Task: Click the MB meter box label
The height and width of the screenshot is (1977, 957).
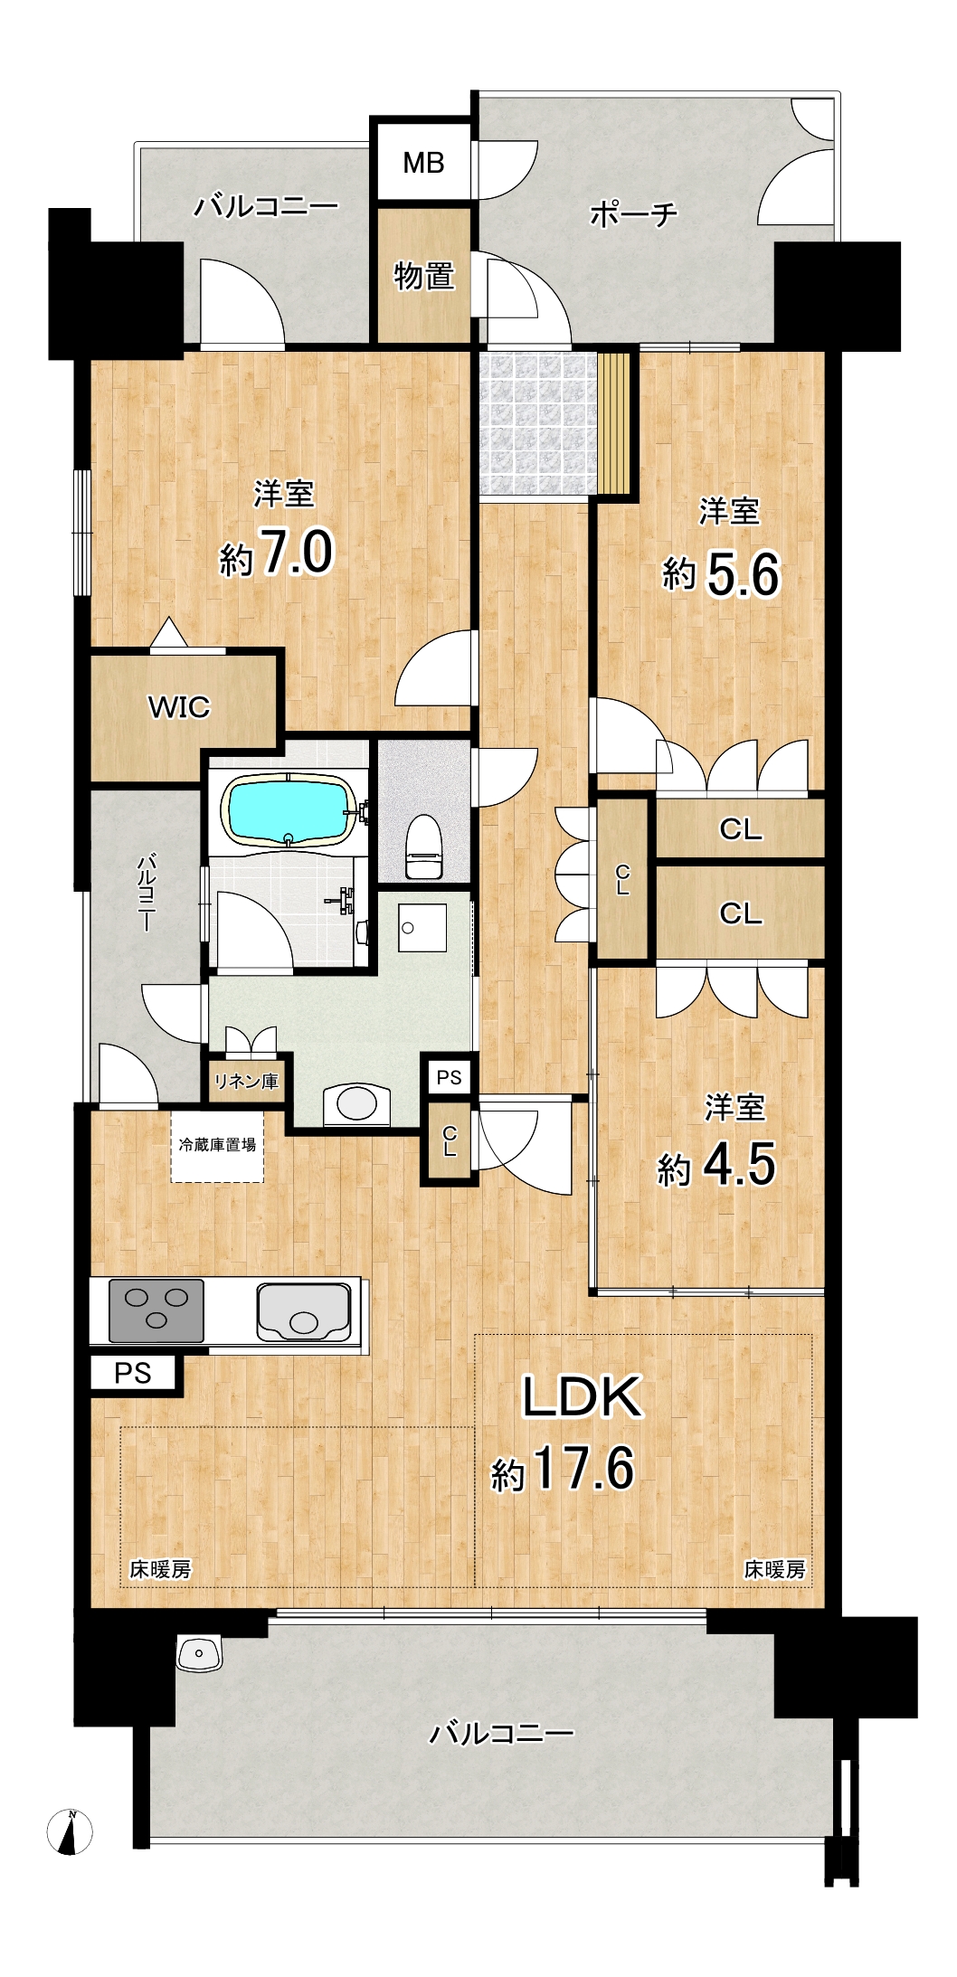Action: coord(423,163)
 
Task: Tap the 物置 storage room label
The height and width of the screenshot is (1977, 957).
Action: coord(423,275)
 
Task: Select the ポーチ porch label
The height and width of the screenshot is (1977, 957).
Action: coord(634,214)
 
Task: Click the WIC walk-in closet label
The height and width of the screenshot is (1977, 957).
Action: coord(179,706)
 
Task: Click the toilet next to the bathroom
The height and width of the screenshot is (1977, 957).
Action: coord(423,846)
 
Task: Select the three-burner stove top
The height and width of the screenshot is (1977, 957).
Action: coord(156,1310)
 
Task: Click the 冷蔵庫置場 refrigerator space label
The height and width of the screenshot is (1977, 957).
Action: coord(218,1144)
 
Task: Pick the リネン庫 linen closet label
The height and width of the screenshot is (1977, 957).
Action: coord(246,1081)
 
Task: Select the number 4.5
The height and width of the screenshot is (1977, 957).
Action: coord(739,1164)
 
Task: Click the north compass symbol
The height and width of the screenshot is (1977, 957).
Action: coord(70,1832)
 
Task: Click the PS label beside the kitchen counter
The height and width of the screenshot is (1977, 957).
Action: coord(133,1373)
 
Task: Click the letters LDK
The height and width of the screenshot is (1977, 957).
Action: coord(583,1396)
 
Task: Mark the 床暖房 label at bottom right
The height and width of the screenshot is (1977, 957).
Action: coord(775,1569)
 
